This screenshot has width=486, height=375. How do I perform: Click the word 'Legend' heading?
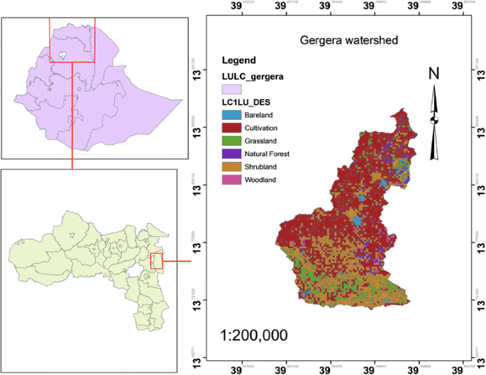(239, 60)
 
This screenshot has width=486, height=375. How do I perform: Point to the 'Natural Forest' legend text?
(268, 153)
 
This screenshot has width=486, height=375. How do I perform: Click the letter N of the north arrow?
(434, 74)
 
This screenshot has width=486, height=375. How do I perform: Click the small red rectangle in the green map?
(158, 261)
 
